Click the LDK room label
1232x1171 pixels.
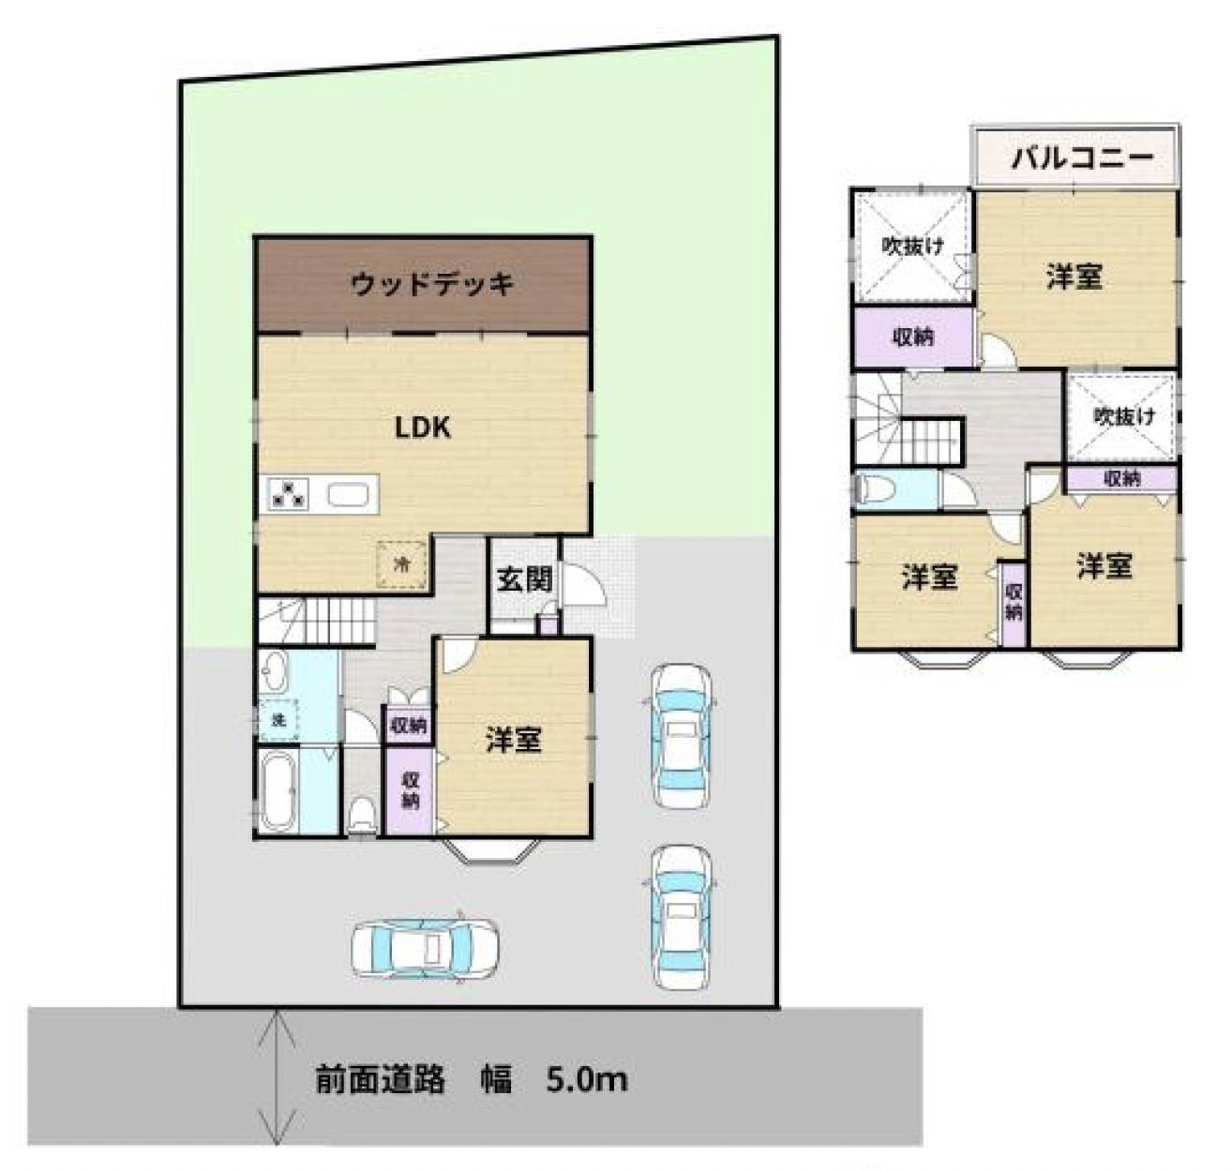(x=422, y=428)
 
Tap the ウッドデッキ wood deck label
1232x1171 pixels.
(x=432, y=284)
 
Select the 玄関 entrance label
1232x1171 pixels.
(x=524, y=579)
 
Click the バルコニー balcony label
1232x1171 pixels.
(x=1082, y=158)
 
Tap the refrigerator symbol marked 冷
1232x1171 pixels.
(x=401, y=564)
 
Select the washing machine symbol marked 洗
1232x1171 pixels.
(x=278, y=720)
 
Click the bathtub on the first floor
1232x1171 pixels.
(x=278, y=792)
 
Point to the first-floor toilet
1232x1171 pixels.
(x=362, y=817)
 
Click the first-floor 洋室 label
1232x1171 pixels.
(x=513, y=740)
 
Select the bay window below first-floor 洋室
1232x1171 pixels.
(x=491, y=850)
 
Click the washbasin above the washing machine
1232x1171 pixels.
(x=273, y=670)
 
